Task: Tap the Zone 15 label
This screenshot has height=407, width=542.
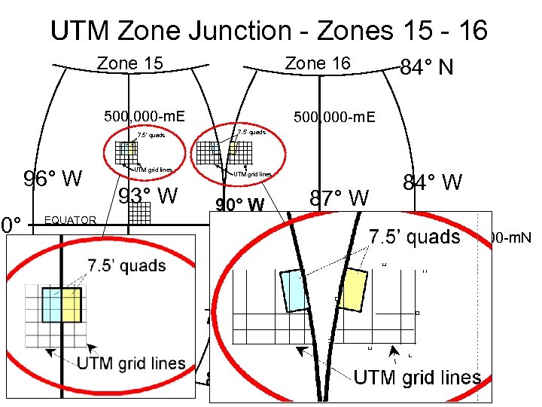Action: coord(131,64)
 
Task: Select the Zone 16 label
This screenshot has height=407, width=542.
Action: coord(318,64)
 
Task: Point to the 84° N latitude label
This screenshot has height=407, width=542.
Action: coord(427,69)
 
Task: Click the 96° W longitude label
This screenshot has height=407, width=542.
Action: coord(53,179)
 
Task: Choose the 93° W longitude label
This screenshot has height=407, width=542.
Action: coord(149,197)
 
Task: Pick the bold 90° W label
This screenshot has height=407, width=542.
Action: coord(240,205)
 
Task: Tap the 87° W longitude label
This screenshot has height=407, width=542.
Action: coord(340,198)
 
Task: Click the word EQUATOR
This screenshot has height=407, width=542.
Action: coord(71,220)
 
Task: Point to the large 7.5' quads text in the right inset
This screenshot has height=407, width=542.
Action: coord(414,237)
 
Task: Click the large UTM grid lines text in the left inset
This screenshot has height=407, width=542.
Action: coord(131,363)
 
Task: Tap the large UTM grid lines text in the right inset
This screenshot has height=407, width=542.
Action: coord(417,377)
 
